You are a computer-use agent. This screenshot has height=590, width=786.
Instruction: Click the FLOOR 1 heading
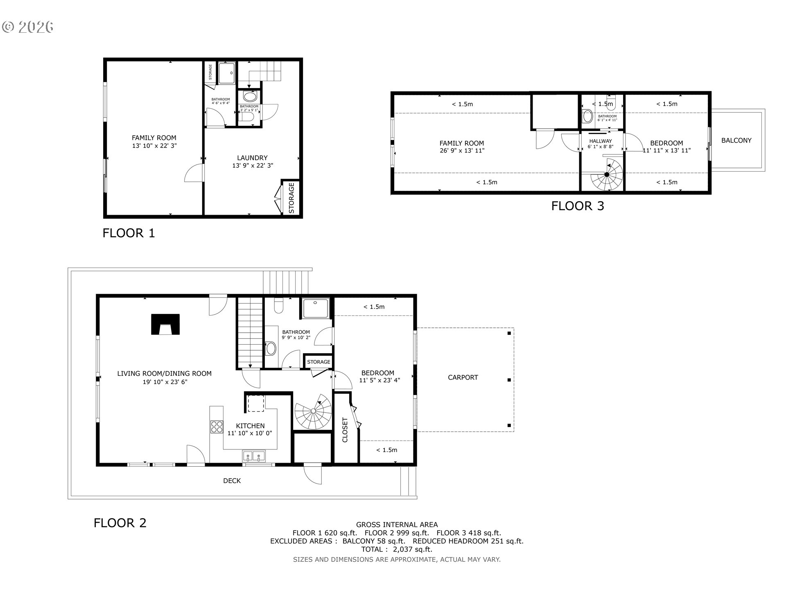pos(129,233)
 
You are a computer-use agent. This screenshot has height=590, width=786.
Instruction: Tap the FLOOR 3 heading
pos(577,206)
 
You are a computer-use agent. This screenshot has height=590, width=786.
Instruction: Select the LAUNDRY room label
pos(252,158)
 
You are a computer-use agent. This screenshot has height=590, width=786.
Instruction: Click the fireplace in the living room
pos(165,324)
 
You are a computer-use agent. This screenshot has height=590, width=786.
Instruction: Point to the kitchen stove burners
pos(217,427)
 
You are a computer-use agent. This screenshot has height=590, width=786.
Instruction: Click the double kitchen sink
pos(253,456)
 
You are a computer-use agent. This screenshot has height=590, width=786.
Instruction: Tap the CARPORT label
pos(463,377)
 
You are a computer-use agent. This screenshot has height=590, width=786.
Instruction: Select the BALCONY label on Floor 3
pos(736,141)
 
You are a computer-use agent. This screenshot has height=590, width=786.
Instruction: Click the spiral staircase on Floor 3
pos(607,175)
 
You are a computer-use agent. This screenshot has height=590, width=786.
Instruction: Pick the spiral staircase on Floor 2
pos(313,412)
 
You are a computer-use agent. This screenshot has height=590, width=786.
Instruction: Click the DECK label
pos(232,481)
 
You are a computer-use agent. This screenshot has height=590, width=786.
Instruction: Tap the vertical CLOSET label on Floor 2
pos(345,430)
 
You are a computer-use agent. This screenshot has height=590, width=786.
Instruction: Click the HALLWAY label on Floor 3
pos(600,141)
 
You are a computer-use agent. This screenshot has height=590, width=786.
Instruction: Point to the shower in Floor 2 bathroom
pos(316,308)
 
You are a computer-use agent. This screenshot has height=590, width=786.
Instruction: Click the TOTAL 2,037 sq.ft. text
pos(396,549)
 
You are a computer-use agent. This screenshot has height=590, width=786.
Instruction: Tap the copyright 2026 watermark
pos(28,27)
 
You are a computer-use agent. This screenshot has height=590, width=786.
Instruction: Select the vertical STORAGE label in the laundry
pos(291,198)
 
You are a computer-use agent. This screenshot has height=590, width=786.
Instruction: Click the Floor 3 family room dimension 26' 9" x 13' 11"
pos(461,151)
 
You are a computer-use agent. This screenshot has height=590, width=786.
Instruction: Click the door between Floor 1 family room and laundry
pos(194,173)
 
